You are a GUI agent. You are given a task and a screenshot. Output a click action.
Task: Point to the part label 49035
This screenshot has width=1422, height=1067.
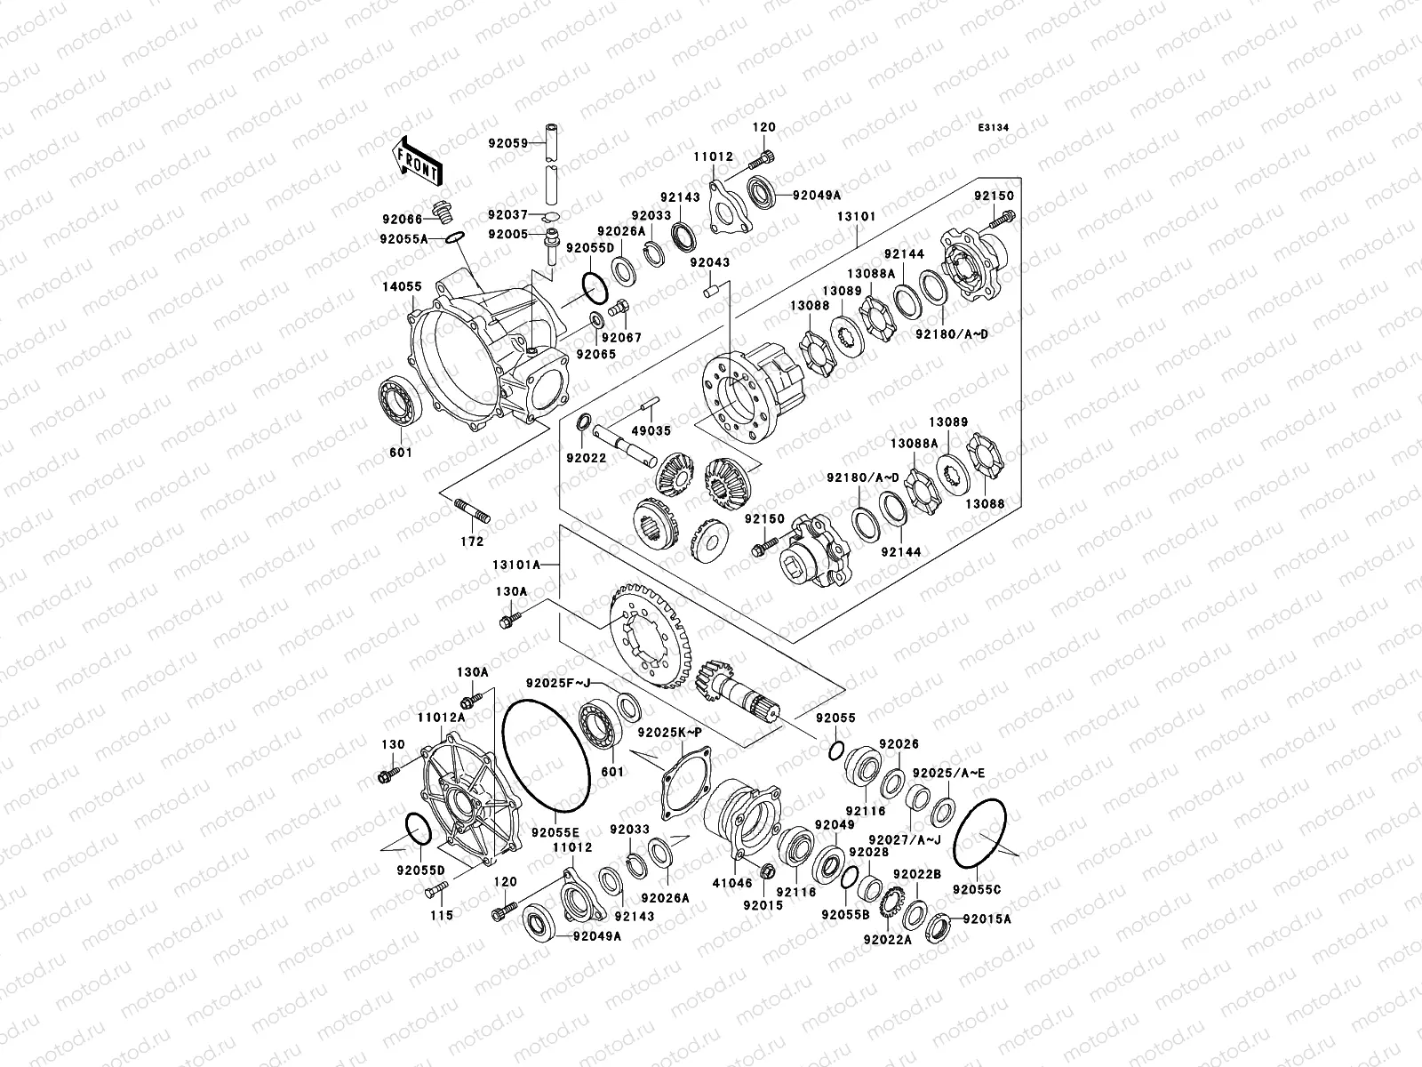point(653,431)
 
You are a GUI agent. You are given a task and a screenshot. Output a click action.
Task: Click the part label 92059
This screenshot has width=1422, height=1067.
point(507,142)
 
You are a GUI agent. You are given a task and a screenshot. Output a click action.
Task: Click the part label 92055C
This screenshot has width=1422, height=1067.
point(977,888)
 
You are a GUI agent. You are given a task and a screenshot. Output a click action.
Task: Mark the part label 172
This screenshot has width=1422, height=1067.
point(473,542)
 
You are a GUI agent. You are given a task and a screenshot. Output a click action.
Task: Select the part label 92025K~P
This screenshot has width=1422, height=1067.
point(669,732)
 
